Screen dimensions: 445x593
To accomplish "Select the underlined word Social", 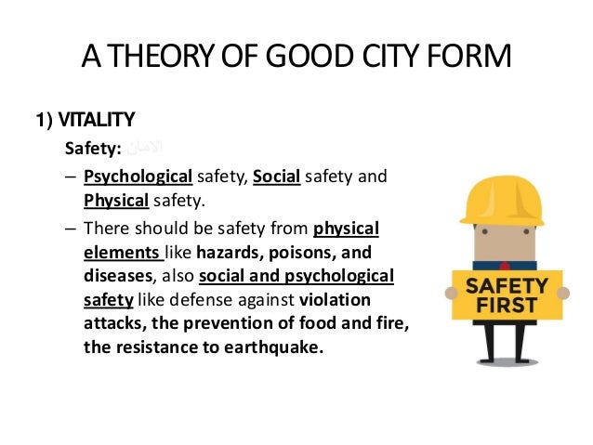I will pos(276,177).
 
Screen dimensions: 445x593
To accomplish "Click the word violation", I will pos(335,300).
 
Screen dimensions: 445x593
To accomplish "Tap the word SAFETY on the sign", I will pos(506,285).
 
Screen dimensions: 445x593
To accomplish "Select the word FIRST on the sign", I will pos(506,306).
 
